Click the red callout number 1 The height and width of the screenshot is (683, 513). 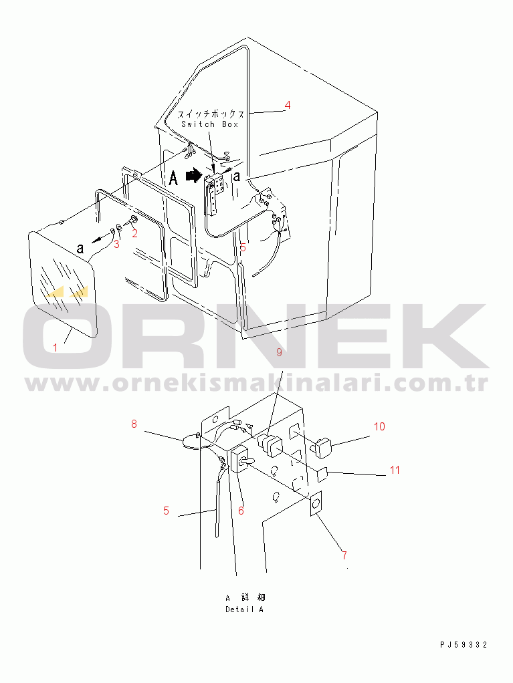pyautogui.click(x=56, y=348)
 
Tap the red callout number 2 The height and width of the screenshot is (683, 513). pyautogui.click(x=134, y=233)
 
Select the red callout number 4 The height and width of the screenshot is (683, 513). pyautogui.click(x=287, y=105)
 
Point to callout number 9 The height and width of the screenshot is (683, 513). pyautogui.click(x=279, y=352)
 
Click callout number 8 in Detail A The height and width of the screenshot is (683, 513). pyautogui.click(x=134, y=424)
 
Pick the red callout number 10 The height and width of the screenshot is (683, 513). pyautogui.click(x=380, y=426)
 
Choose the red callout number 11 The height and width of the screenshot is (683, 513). pyautogui.click(x=395, y=470)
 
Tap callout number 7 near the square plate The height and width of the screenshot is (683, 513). pyautogui.click(x=344, y=555)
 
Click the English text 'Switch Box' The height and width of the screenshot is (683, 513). pyautogui.click(x=210, y=124)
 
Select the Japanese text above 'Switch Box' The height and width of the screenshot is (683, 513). pyautogui.click(x=211, y=114)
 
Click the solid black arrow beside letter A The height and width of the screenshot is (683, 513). pyautogui.click(x=193, y=176)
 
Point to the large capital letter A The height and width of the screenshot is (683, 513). pyautogui.click(x=173, y=178)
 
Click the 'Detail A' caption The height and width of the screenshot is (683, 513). pyautogui.click(x=245, y=609)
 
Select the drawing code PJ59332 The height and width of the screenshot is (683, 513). pyautogui.click(x=464, y=645)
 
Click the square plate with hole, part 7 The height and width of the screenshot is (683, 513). pyautogui.click(x=316, y=503)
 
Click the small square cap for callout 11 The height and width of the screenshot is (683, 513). pyautogui.click(x=322, y=474)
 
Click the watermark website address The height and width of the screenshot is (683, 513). pyautogui.click(x=257, y=384)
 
